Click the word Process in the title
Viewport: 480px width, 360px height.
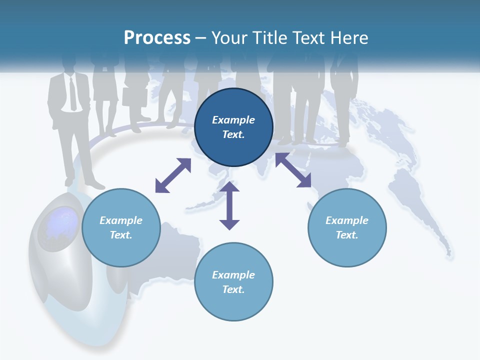coord(157,38)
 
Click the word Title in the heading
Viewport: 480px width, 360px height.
coord(269,38)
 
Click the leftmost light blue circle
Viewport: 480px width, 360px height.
coord(121,227)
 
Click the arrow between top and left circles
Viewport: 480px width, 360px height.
coord(173,175)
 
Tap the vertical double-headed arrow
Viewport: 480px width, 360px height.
coord(229,205)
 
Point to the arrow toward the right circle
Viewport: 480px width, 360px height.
coord(293,170)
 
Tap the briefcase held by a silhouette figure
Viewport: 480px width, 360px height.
coord(134,97)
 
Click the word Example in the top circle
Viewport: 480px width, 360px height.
coord(233,120)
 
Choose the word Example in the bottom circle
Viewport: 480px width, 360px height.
coord(233,275)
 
